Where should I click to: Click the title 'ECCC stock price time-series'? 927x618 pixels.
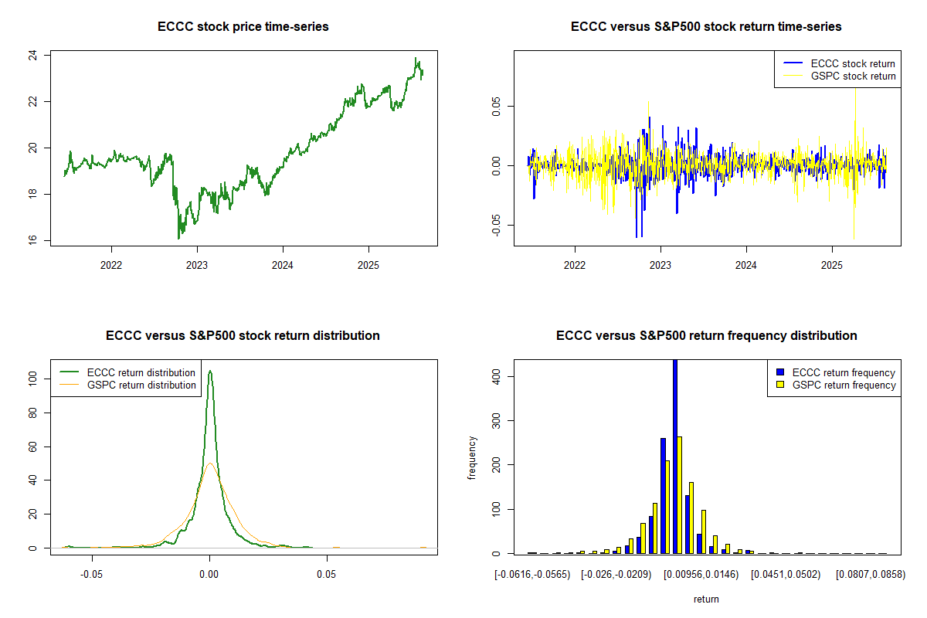(243, 27)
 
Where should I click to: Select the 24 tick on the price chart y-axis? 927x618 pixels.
(36, 56)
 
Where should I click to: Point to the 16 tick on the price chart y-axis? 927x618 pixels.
(36, 241)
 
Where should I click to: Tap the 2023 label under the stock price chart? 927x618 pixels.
(197, 261)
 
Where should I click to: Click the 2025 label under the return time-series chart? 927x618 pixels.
(832, 261)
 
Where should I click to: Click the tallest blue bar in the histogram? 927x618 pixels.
(675, 456)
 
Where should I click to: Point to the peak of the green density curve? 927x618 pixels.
(209, 371)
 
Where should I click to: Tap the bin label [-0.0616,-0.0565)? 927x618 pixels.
(532, 575)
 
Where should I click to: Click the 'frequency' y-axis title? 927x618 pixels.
(472, 458)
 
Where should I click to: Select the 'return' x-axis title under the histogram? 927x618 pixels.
(706, 599)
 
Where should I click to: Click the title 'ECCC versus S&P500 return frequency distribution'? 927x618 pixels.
(706, 336)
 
